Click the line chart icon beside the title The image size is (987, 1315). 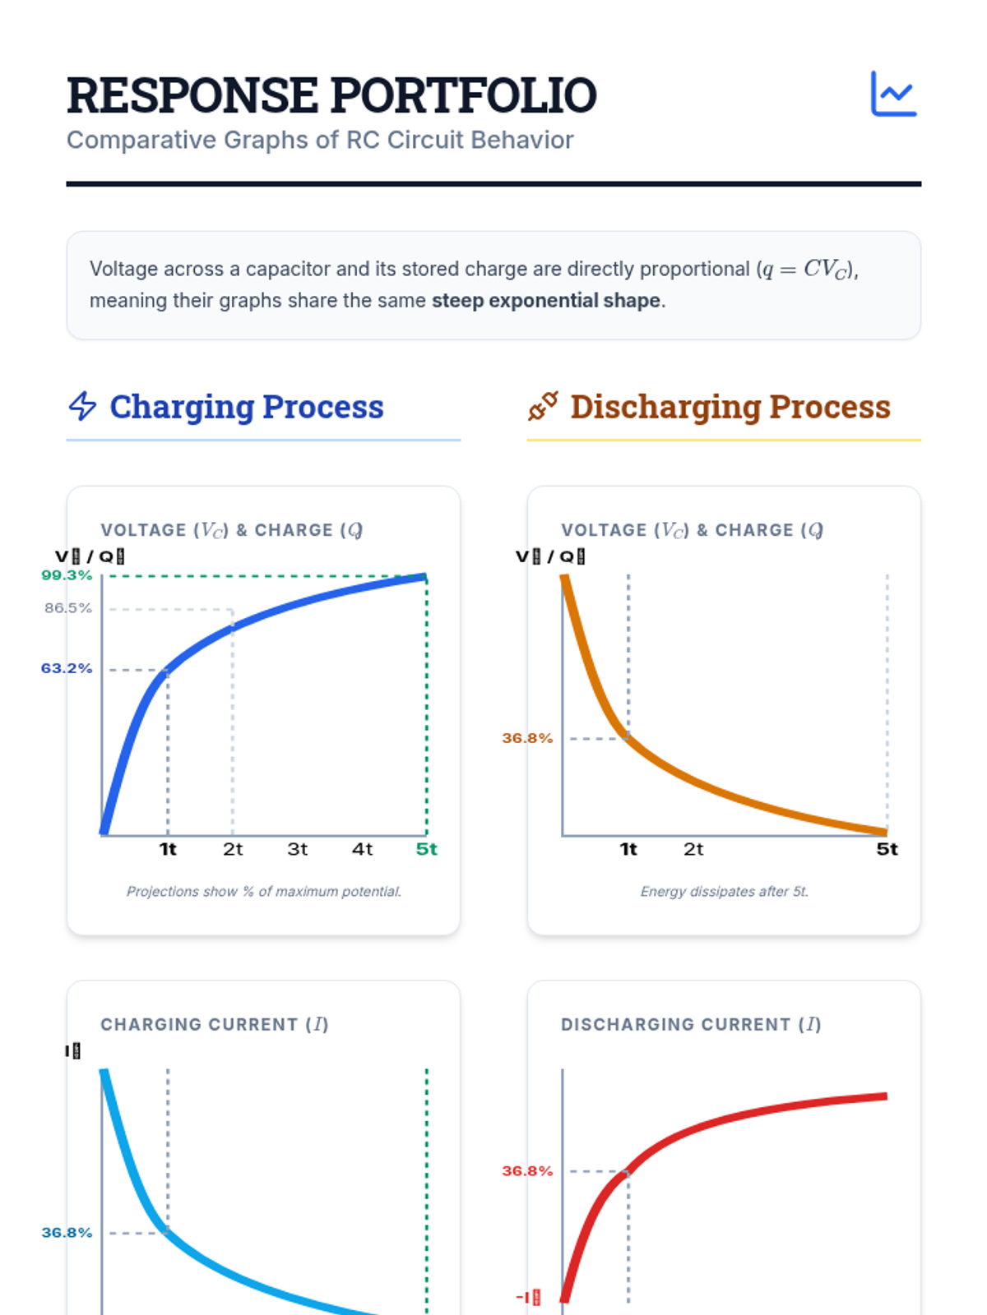[x=893, y=94]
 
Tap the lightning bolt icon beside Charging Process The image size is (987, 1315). [x=82, y=406]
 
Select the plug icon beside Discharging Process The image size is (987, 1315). [x=543, y=406]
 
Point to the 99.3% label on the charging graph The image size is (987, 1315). [x=67, y=575]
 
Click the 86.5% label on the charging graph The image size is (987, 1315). [x=68, y=608]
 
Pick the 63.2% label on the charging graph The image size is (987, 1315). [x=67, y=668]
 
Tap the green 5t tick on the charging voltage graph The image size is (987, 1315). [x=426, y=849]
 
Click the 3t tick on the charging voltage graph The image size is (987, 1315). [x=298, y=849]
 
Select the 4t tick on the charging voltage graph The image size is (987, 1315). [x=362, y=849]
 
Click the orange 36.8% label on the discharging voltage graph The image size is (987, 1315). [x=527, y=738]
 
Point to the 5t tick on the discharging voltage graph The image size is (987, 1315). [x=887, y=849]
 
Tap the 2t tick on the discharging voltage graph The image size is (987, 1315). [x=693, y=849]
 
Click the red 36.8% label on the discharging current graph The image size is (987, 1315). [x=527, y=1170]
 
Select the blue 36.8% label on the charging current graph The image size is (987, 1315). [x=67, y=1233]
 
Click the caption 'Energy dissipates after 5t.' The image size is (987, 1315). [x=724, y=892]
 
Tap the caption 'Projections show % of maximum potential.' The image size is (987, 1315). [x=263, y=892]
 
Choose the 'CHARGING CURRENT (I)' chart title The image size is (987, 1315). [x=214, y=1025]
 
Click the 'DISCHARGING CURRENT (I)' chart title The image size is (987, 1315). [x=691, y=1025]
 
